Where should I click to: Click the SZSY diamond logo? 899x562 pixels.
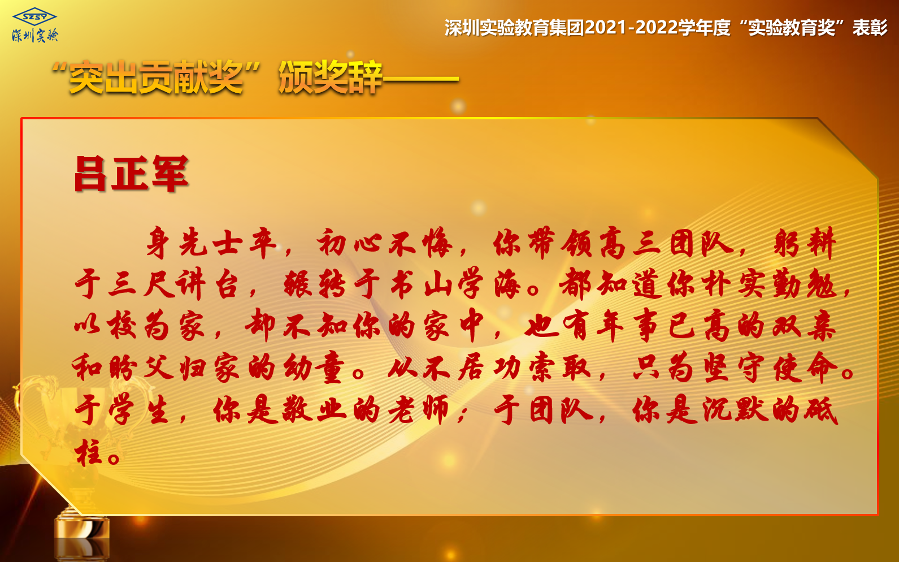[x=34, y=16]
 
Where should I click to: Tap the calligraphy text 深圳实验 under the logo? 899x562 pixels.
[x=35, y=36]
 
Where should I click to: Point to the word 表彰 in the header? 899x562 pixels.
[x=870, y=28]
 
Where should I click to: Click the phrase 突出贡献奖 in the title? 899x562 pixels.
[x=156, y=77]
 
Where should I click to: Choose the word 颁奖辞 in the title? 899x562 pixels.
[x=330, y=77]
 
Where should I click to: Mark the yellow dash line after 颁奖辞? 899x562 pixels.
[x=420, y=79]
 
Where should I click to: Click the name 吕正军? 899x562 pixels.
[x=131, y=173]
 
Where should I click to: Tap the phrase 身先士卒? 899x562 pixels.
[x=211, y=242]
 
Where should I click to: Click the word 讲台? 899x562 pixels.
[x=209, y=284]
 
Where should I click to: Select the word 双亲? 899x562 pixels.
[x=804, y=326]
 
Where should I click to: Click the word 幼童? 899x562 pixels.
[x=314, y=367]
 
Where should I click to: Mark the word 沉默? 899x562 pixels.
[x=735, y=410]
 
